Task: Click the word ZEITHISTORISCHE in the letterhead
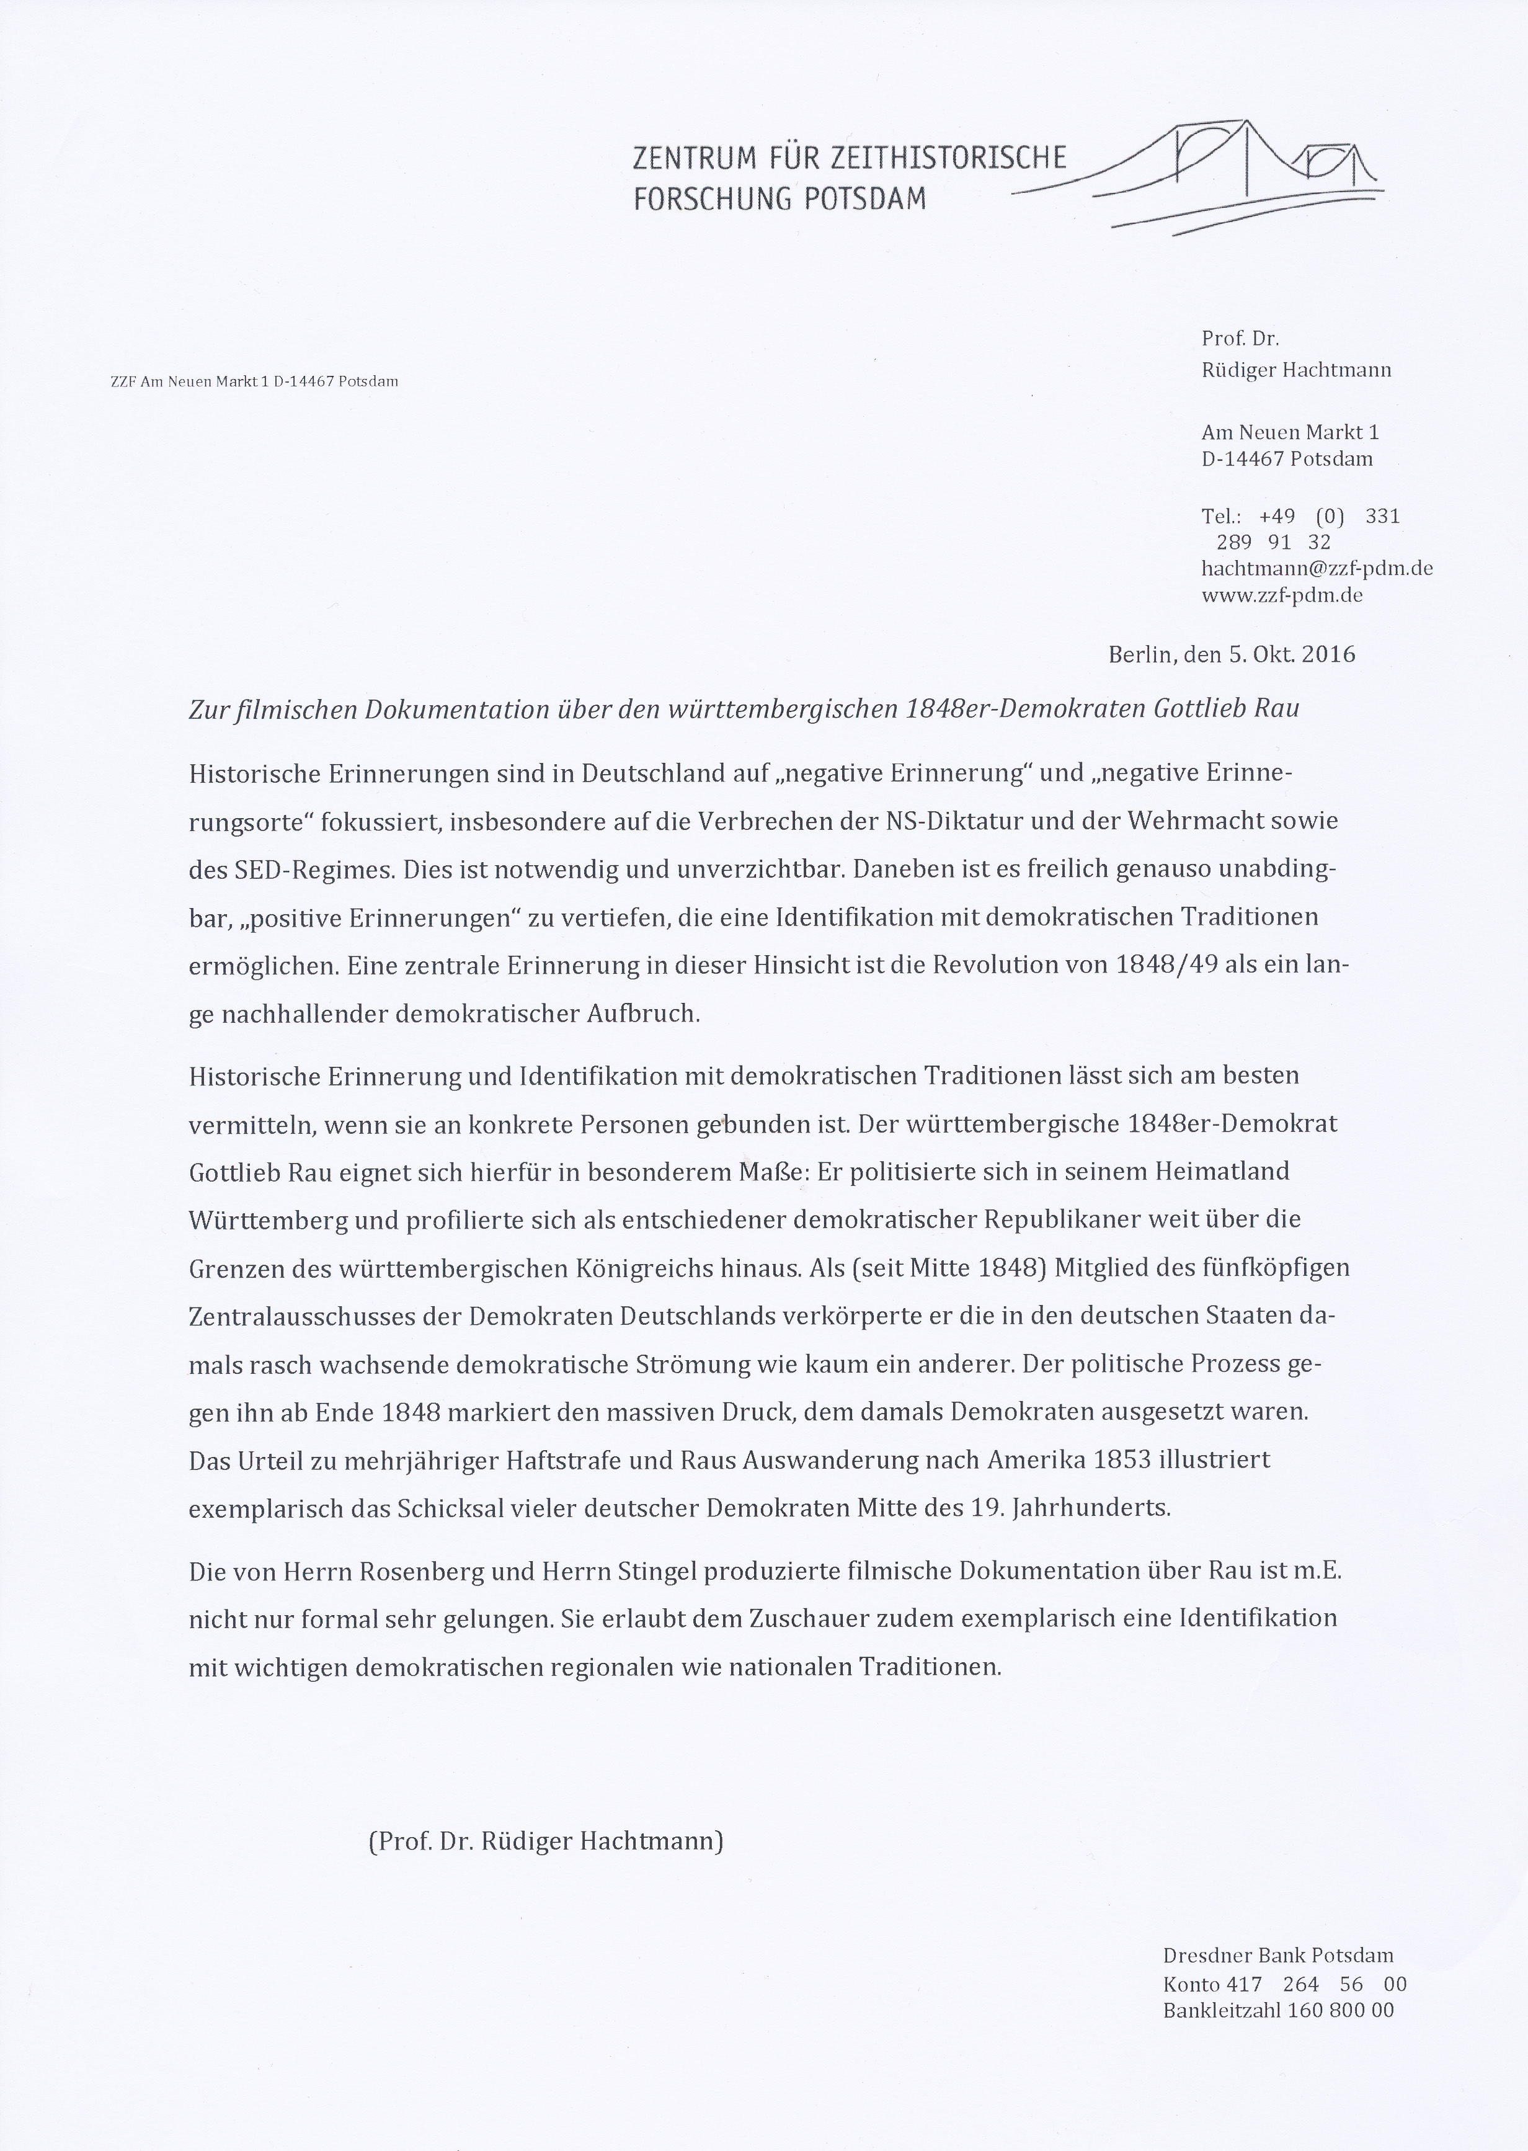[949, 156]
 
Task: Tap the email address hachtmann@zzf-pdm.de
[1317, 568]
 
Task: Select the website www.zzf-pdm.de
[1281, 595]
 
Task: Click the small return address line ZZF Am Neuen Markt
[254, 381]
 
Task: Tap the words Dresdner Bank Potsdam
[1277, 1955]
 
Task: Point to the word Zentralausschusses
[304, 1316]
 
